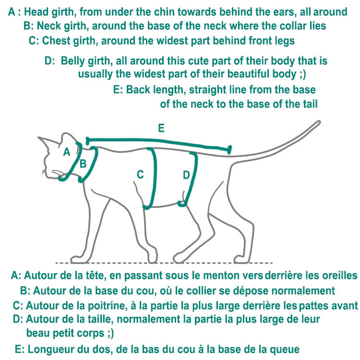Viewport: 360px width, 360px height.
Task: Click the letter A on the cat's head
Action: [x=67, y=152]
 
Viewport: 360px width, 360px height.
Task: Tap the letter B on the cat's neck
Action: [x=83, y=164]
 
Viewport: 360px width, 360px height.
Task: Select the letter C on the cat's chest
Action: [x=140, y=175]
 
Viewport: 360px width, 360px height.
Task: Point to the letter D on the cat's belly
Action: [x=186, y=175]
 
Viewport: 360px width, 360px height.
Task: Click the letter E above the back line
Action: [x=161, y=128]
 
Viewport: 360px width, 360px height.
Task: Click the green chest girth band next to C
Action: [x=154, y=178]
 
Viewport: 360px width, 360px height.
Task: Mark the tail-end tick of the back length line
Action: [x=229, y=149]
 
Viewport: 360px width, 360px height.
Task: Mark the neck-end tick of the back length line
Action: [x=87, y=141]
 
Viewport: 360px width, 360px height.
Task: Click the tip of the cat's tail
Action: [x=319, y=122]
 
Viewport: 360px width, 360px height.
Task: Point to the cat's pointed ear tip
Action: [x=38, y=138]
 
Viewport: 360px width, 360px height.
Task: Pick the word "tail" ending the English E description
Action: [x=310, y=104]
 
